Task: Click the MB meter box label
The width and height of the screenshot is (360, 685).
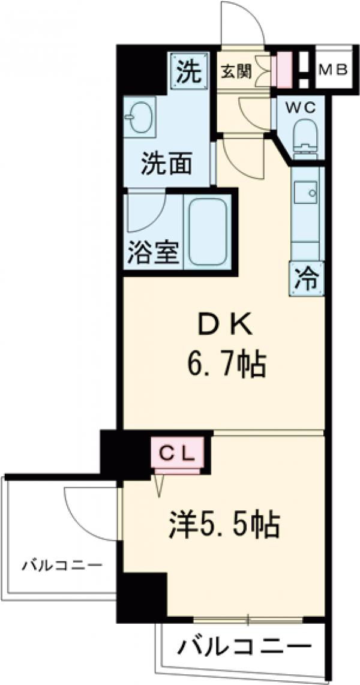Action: [x=333, y=70]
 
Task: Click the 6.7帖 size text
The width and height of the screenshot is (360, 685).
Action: [x=224, y=363]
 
